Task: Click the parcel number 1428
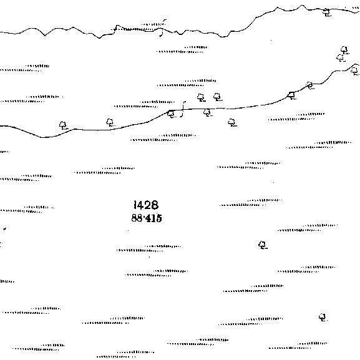point(146,205)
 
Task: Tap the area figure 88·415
point(147,218)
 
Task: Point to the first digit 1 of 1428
point(135,205)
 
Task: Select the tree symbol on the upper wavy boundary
point(326,12)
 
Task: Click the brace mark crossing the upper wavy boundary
point(162,28)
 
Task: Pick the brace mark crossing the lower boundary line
point(183,109)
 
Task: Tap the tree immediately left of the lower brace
point(171,114)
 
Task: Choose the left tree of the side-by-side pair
point(201,97)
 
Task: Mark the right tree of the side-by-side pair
point(217,97)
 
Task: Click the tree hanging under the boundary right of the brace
point(207,112)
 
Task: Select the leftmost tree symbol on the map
point(62,125)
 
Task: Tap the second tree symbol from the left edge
point(110,123)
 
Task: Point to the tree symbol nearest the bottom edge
point(323,317)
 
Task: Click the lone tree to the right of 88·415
point(263,245)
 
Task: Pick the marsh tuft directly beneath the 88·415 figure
point(148,248)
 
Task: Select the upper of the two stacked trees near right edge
point(344,50)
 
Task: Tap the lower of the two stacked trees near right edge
point(341,58)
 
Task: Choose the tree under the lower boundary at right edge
point(355,71)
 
